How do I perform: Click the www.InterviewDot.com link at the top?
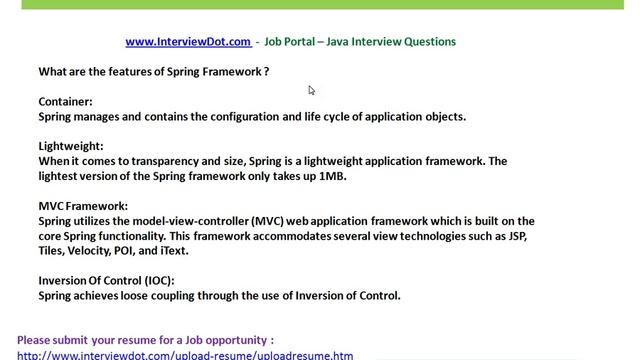click(x=188, y=42)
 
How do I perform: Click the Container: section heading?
click(x=66, y=102)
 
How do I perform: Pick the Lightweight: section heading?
click(x=71, y=146)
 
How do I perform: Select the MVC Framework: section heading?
click(x=83, y=206)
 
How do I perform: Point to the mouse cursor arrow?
click(x=311, y=90)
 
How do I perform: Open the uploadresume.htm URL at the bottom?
click(x=185, y=355)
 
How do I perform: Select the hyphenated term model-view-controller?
click(x=194, y=221)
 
